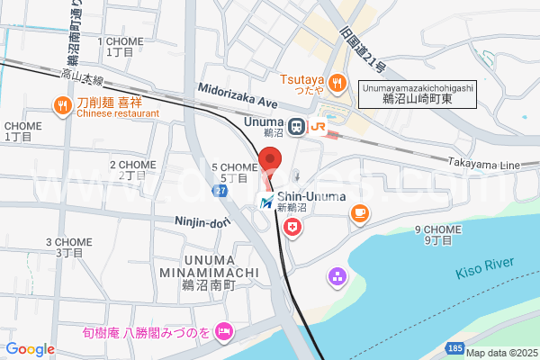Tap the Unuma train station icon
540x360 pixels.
(295, 126)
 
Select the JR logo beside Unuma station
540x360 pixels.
(318, 127)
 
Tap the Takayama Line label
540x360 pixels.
(485, 166)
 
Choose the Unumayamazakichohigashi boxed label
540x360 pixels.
(417, 93)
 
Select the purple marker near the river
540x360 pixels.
(337, 276)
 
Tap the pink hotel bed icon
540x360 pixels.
(224, 332)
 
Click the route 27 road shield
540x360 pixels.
(219, 192)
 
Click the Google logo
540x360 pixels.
(30, 349)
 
